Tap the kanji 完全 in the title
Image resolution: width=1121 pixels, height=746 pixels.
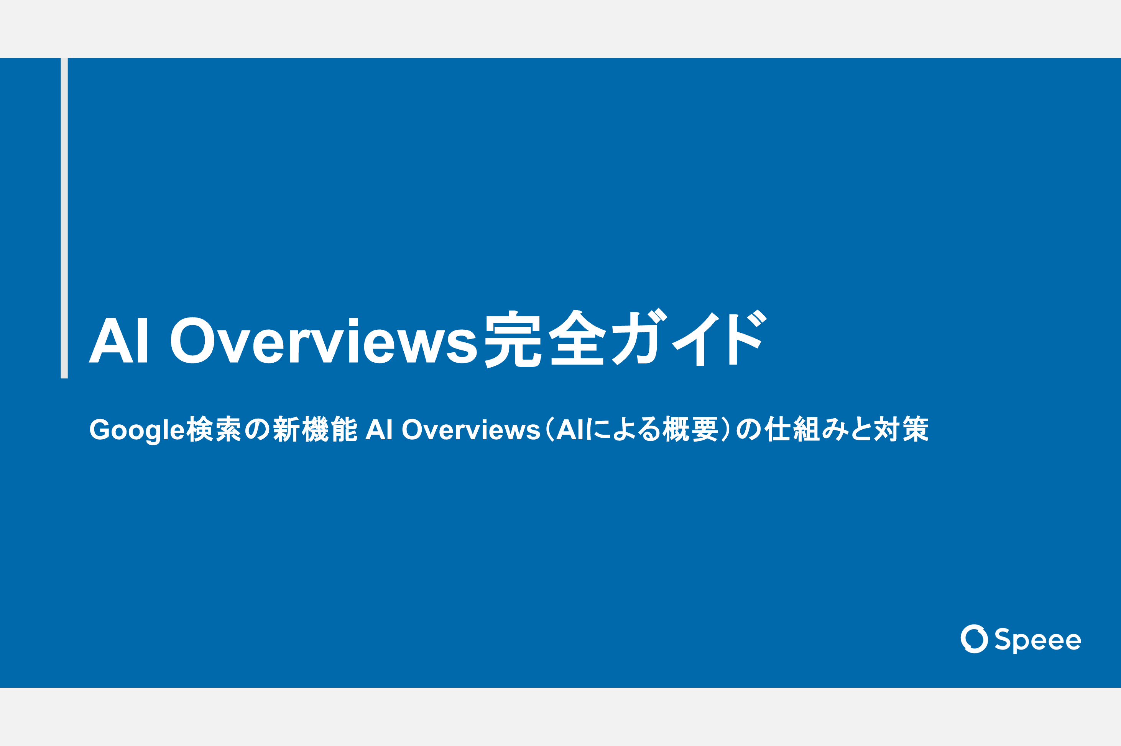tap(545, 339)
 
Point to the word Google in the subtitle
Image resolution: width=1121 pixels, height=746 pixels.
tap(136, 430)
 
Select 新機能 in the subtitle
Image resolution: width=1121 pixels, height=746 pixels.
tap(315, 429)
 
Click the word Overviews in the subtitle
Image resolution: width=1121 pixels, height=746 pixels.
tap(471, 430)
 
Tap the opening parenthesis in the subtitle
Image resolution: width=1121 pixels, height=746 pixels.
tap(549, 429)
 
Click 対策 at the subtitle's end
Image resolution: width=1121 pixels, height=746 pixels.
tap(901, 429)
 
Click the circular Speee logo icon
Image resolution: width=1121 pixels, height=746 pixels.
tap(974, 639)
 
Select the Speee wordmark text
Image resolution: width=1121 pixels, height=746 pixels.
tap(1038, 640)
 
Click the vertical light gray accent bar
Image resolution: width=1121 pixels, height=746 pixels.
tap(64, 218)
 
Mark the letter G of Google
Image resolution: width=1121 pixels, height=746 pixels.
tap(100, 429)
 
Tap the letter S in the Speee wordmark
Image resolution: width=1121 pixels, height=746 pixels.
tap(1003, 639)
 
